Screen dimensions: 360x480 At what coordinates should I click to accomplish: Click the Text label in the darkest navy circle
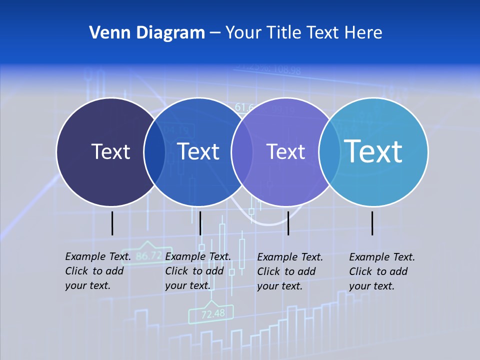[110, 151]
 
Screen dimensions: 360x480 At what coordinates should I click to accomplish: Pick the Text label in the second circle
[198, 151]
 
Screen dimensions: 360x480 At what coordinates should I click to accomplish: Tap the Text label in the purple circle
[285, 151]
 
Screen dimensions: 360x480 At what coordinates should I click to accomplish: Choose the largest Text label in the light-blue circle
[373, 151]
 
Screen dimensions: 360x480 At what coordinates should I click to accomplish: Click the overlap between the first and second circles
[154, 152]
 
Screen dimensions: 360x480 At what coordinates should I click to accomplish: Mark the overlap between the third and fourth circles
[327, 152]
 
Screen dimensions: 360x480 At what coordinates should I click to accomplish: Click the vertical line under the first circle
[112, 223]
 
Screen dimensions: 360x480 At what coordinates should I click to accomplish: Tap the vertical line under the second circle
[200, 223]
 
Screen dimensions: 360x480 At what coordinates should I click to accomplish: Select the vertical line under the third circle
[288, 223]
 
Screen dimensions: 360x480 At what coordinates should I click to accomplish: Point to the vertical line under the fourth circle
[372, 223]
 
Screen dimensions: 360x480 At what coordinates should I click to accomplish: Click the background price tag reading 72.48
[213, 314]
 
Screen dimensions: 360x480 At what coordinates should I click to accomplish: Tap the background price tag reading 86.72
[148, 256]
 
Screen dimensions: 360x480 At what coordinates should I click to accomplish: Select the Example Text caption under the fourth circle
[381, 271]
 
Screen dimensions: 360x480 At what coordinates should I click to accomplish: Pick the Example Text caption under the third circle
[289, 271]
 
